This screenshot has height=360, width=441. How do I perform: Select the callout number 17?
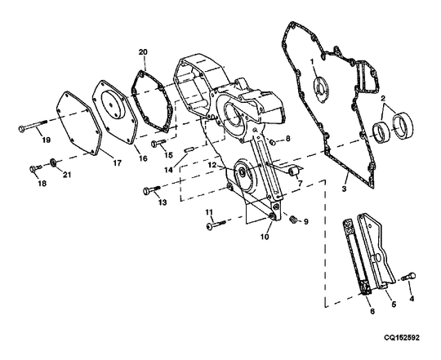tap(117, 162)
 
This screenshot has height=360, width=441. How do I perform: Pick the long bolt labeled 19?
tap(33, 128)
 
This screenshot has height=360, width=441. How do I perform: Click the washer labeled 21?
tap(53, 163)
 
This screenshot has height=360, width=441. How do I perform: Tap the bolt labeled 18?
tap(33, 168)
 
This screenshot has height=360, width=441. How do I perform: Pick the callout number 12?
tap(211, 165)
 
